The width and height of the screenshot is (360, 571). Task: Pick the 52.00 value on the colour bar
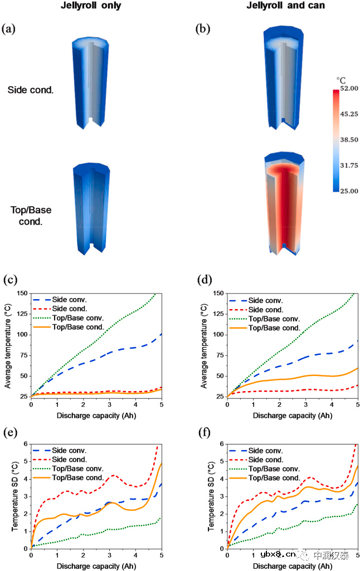click(x=348, y=89)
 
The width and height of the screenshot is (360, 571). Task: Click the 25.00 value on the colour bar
click(x=348, y=191)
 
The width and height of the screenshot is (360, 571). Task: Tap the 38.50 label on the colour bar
click(x=348, y=140)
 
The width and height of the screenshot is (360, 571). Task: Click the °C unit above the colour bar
click(x=341, y=80)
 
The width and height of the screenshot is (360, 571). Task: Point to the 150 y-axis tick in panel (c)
click(x=22, y=294)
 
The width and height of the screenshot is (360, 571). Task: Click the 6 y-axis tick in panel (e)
click(x=26, y=444)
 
